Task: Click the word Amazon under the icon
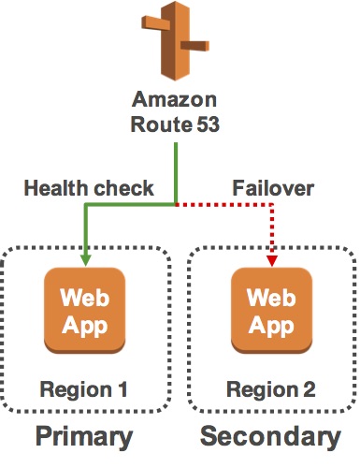tap(176, 100)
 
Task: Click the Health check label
tap(89, 188)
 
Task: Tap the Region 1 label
tap(84, 388)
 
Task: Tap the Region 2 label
tap(271, 388)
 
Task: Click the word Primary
tap(84, 436)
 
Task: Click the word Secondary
tap(271, 436)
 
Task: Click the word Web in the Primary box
tap(84, 300)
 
